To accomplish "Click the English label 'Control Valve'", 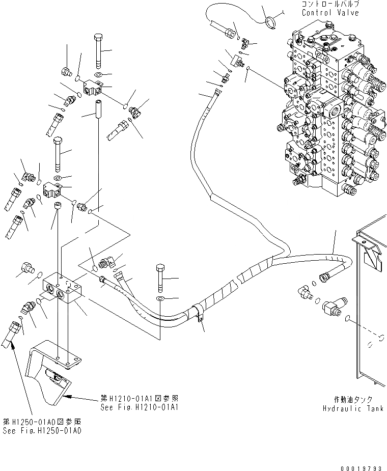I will pyautogui.click(x=330, y=13).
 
